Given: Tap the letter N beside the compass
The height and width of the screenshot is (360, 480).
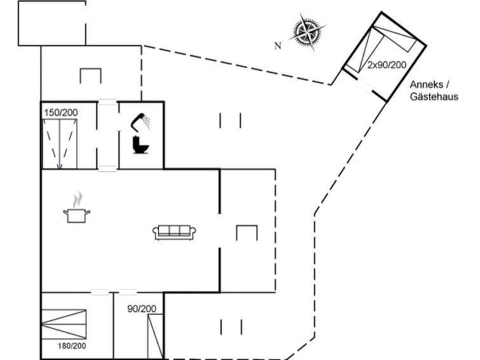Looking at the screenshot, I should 277,46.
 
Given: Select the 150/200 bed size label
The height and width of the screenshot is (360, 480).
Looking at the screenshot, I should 60,113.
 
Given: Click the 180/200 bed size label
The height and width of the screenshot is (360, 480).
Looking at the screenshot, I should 71,345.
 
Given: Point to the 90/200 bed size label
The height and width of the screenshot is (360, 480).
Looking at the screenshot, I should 142,308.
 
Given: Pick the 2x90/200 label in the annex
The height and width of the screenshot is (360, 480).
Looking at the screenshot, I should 386,65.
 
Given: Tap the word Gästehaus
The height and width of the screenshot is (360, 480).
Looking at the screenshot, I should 434,97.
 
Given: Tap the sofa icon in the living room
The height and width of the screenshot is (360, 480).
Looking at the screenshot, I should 174,232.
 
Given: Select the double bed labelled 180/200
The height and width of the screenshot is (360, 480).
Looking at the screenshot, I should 64,325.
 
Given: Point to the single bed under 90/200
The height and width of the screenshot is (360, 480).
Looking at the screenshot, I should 155,336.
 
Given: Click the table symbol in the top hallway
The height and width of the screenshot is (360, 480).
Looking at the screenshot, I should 90,75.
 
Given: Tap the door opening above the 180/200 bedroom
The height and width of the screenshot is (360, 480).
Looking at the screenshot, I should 100,293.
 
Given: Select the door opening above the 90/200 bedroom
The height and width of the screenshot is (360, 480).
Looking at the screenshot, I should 128,293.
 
